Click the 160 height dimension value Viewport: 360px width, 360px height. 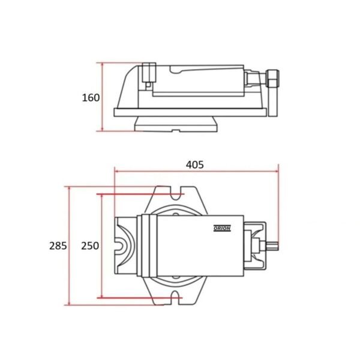click(x=91, y=98)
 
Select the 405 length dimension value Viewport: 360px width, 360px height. click(x=194, y=165)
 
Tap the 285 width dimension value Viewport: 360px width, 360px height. click(x=58, y=246)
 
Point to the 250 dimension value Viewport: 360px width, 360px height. click(x=90, y=246)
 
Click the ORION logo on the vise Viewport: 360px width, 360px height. click(x=222, y=228)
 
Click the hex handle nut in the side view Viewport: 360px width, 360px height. click(x=272, y=78)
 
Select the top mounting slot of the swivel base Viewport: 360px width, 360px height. click(x=176, y=193)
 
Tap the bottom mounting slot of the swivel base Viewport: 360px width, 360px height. click(x=176, y=298)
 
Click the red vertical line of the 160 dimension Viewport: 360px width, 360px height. click(x=103, y=97)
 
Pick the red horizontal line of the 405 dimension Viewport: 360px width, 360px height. click(x=196, y=171)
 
